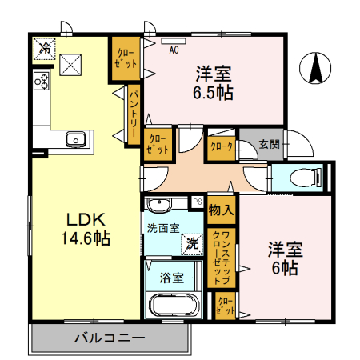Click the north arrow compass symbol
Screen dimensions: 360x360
click(x=317, y=67)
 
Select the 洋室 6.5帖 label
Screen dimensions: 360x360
click(x=214, y=83)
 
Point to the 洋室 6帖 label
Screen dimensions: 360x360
click(x=283, y=258)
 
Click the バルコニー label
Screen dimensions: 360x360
click(x=110, y=337)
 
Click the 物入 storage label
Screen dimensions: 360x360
click(x=221, y=210)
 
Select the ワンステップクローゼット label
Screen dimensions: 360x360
click(x=221, y=257)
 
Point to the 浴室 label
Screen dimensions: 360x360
click(x=172, y=278)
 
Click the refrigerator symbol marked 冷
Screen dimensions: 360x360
click(x=46, y=49)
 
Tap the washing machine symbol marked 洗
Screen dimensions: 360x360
click(x=192, y=242)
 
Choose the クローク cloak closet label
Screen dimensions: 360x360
click(x=221, y=146)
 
